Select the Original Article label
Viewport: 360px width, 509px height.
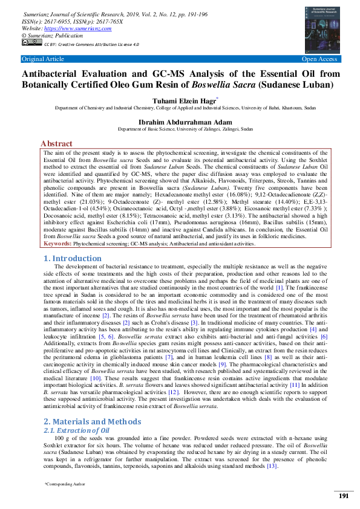pos(42,59)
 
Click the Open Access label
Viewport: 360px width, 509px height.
pos(319,59)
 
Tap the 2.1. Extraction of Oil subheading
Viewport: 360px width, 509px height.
pos(76,430)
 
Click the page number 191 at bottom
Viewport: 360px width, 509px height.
pos(343,496)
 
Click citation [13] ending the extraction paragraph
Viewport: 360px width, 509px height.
pos(272,465)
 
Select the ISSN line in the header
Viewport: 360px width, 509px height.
pos(72,21)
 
